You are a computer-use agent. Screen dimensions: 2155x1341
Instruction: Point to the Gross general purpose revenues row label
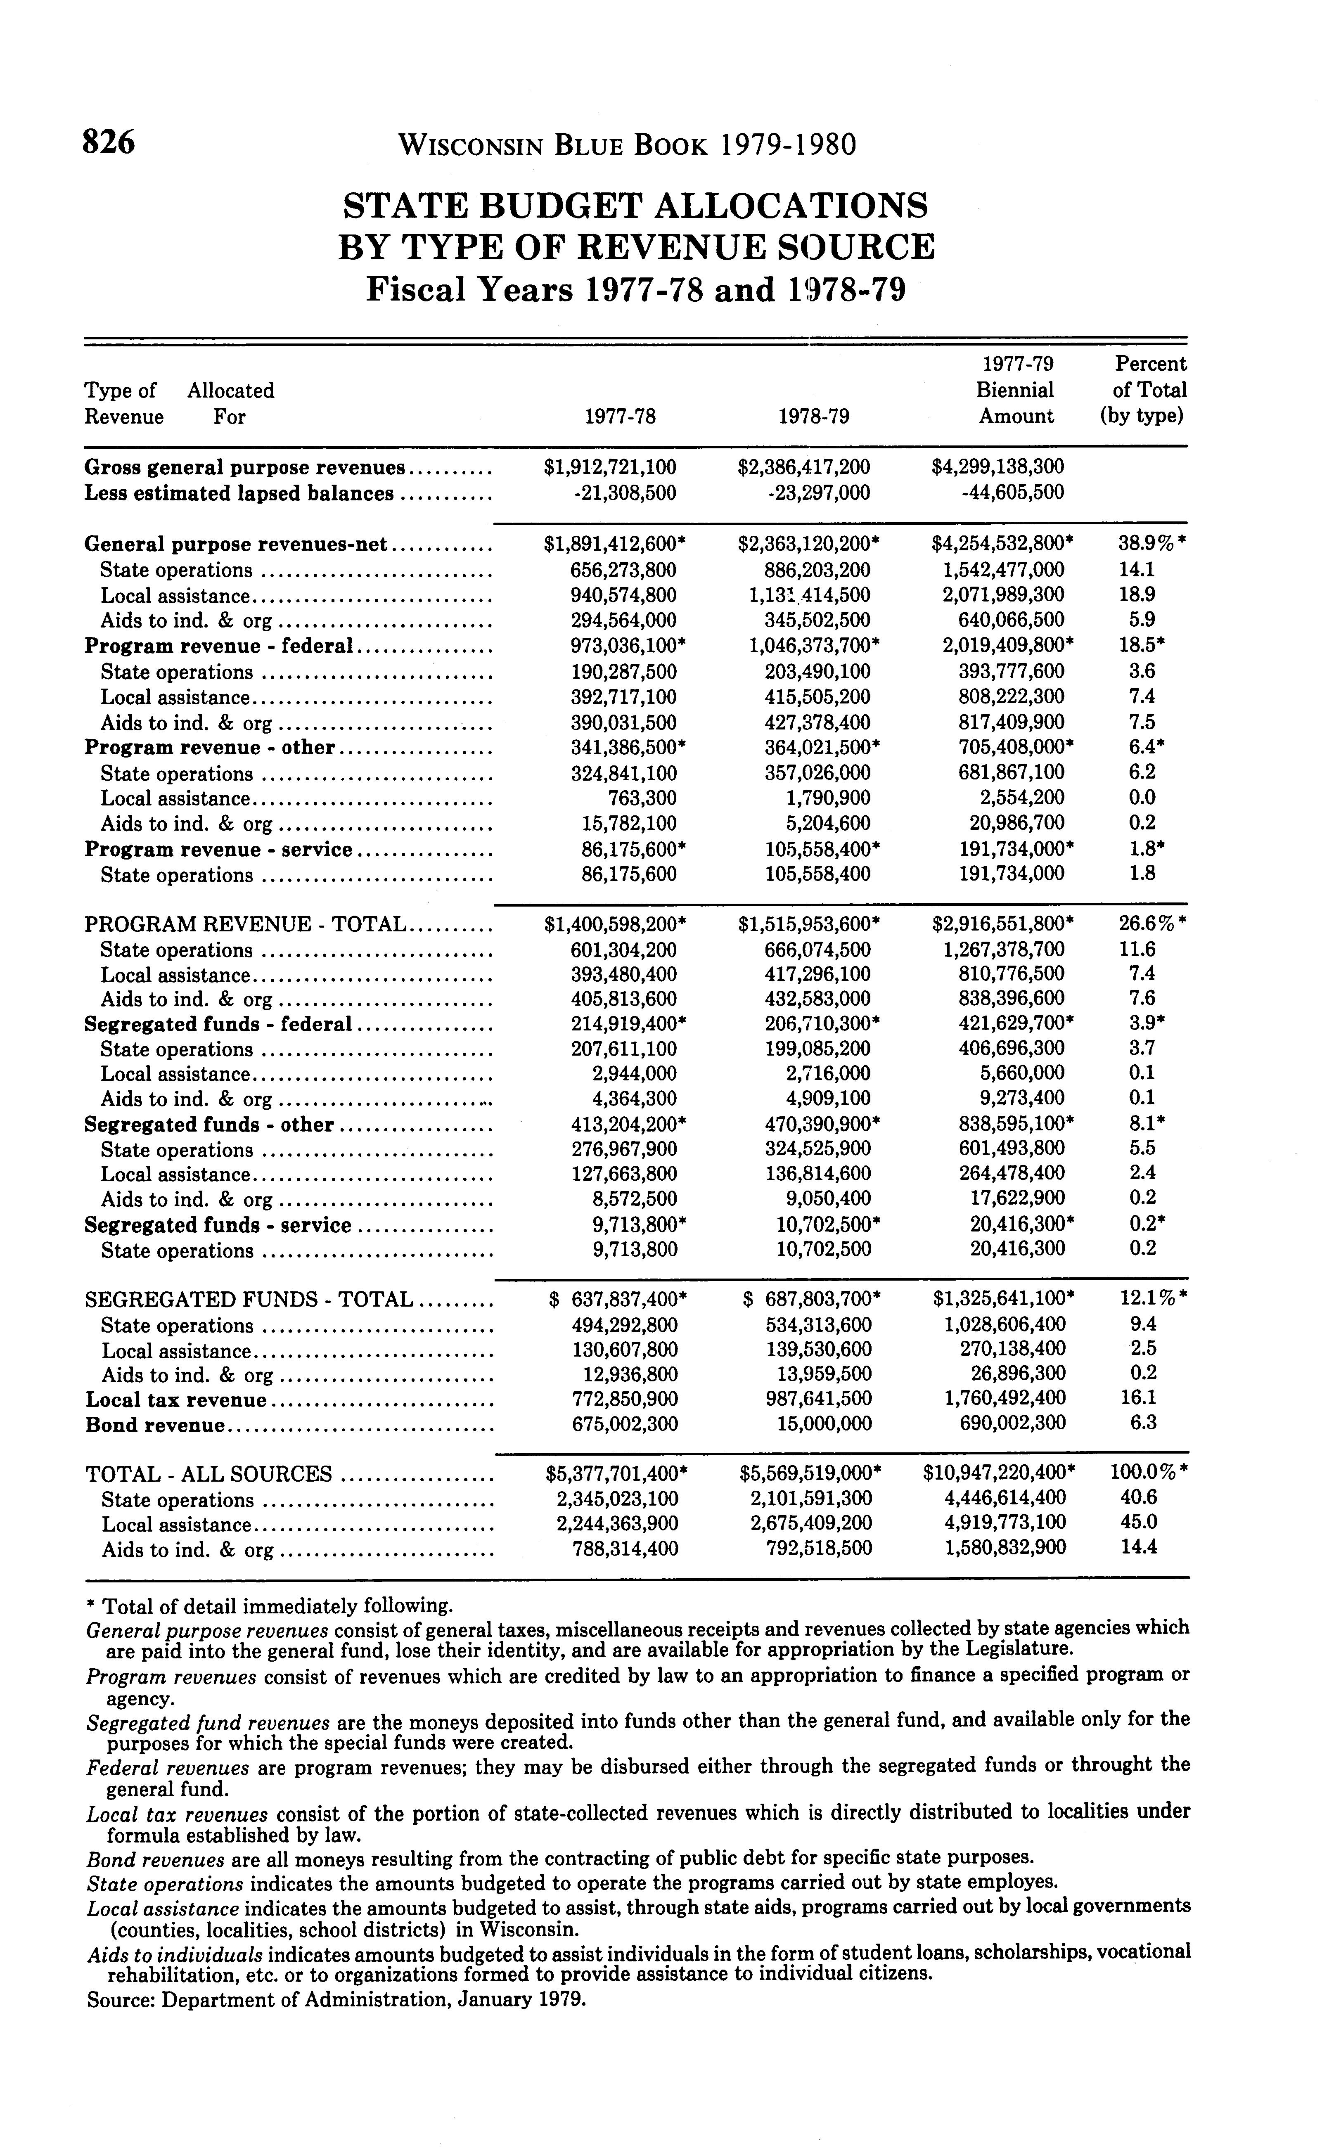244,467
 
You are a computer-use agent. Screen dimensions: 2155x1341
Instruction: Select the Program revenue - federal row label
219,646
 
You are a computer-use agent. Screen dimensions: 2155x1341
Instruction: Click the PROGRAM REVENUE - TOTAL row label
245,925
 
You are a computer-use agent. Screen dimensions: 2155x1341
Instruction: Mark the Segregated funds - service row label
217,1226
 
